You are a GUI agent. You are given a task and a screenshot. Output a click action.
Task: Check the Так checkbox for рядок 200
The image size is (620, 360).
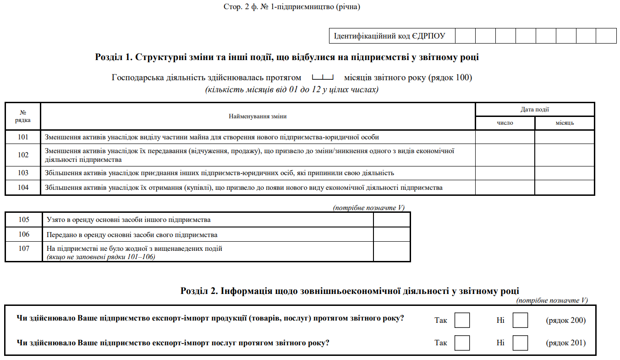point(462,320)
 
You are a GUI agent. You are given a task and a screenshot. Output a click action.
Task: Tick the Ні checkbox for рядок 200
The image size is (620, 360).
point(520,320)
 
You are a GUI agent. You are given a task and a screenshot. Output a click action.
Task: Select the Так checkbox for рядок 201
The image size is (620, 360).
point(462,343)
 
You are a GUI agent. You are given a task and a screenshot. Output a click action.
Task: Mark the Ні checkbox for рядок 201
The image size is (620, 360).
point(520,343)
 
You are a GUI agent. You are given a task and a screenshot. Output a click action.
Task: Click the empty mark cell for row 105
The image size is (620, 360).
point(392,220)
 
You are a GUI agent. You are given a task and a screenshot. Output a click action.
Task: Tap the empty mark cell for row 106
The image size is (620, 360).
point(392,234)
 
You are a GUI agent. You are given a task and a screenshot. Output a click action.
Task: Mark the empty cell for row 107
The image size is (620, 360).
point(392,252)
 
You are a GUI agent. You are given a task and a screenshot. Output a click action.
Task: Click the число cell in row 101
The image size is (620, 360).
point(505,137)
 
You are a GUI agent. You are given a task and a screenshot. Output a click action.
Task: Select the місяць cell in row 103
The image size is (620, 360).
point(565,173)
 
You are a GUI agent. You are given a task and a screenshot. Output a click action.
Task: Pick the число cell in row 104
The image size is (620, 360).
point(505,188)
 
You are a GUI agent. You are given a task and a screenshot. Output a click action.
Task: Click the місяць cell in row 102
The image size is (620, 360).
point(565,155)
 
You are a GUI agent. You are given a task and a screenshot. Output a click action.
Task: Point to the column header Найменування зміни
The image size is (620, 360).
point(258,116)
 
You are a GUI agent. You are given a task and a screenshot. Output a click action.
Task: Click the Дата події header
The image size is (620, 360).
point(535,110)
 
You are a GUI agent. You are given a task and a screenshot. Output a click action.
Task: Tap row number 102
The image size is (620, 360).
point(23,155)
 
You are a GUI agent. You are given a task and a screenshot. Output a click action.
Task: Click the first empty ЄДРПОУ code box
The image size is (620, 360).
point(465,36)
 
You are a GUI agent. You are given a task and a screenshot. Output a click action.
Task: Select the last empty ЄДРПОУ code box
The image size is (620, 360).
point(606,36)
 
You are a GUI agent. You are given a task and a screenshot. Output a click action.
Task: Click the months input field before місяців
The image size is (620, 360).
point(323,77)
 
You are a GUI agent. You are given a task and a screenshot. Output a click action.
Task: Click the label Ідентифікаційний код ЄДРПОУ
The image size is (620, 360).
point(389,36)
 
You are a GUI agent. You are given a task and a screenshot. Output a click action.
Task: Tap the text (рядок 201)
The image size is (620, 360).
point(565,343)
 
